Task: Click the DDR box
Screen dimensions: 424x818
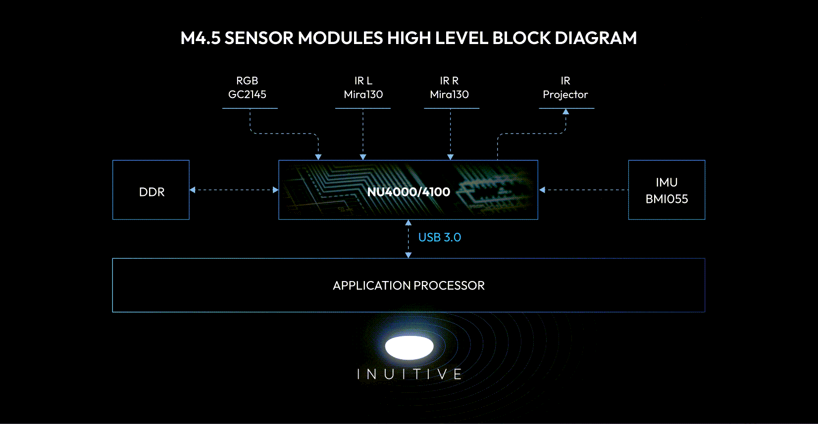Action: [x=151, y=190]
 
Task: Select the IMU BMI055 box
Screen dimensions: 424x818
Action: [x=666, y=190]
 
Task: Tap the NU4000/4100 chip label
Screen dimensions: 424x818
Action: [x=409, y=192]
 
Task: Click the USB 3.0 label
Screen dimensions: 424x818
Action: [x=440, y=237]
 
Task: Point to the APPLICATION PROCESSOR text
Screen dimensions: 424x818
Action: [x=409, y=285]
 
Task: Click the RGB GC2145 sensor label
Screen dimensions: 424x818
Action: [x=247, y=88]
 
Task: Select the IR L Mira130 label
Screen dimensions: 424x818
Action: [x=363, y=88]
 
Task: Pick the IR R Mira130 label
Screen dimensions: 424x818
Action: [x=449, y=88]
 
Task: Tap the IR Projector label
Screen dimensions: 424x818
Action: [x=565, y=88]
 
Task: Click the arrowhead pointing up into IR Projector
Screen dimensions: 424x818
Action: [x=565, y=112]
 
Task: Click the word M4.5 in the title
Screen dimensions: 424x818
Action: [x=200, y=38]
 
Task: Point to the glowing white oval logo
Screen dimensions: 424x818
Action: [x=409, y=347]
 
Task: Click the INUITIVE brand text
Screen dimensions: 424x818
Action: [x=409, y=375]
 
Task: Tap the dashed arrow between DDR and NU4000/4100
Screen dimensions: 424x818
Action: [x=234, y=190]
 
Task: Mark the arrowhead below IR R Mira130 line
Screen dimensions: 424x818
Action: [x=450, y=157]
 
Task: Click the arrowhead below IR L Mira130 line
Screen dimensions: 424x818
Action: [x=363, y=157]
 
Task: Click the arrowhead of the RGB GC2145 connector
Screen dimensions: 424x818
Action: [x=318, y=157]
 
